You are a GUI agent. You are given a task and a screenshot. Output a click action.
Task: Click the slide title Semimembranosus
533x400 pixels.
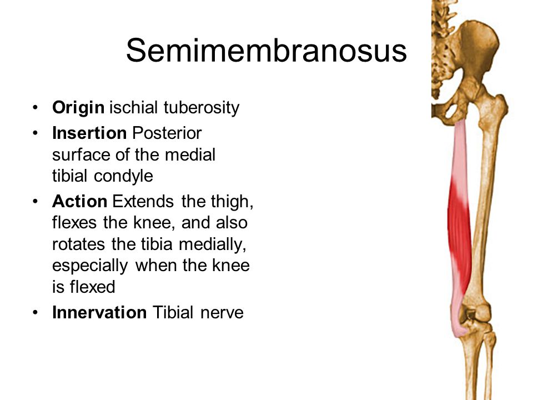(x=266, y=52)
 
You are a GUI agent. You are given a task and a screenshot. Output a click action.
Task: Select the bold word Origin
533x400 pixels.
(x=78, y=108)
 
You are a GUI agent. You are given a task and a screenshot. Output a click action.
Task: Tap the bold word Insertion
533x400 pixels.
(x=88, y=133)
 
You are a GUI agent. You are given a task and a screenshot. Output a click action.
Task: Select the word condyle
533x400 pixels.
(x=130, y=176)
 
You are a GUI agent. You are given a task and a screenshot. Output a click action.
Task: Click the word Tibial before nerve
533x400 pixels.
(x=169, y=313)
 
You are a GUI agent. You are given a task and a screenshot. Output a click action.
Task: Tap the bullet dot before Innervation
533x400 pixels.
(x=36, y=313)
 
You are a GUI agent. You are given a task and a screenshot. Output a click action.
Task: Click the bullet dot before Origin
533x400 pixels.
(x=36, y=108)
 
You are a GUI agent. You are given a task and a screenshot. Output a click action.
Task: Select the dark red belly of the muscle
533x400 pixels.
(x=460, y=233)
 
